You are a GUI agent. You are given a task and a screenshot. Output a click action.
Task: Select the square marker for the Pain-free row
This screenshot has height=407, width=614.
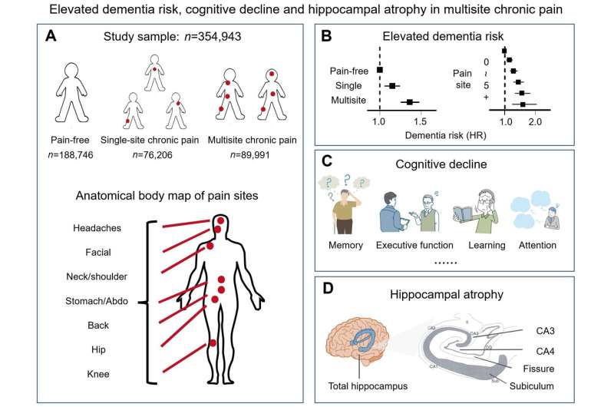pos(380,71)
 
